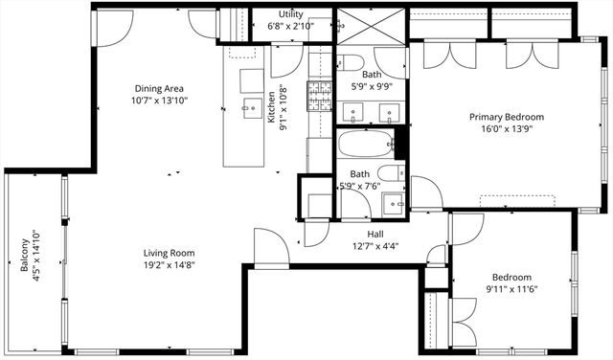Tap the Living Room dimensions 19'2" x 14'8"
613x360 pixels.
(170, 266)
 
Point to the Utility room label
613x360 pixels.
(291, 15)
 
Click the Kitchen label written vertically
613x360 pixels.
(272, 116)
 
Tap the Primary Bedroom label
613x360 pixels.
(506, 117)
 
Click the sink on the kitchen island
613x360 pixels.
(253, 105)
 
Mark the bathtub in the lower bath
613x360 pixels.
(365, 146)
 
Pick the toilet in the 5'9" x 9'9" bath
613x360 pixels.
(351, 64)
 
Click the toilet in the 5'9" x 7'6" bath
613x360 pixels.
(393, 173)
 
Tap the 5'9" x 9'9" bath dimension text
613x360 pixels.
(372, 85)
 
